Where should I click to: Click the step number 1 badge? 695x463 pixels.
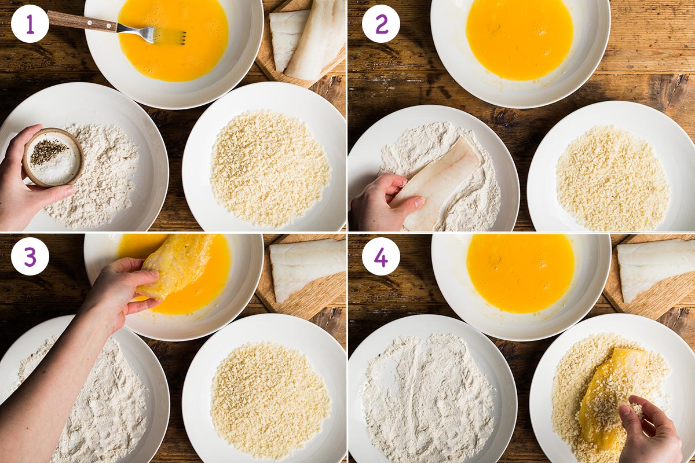coord(30,24)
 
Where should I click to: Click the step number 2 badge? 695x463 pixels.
coord(381,24)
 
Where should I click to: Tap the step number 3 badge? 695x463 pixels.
coord(30,256)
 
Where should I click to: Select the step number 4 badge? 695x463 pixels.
coord(381,256)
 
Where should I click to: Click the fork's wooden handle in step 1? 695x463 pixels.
coord(81,21)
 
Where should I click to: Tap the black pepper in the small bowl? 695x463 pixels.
coord(47,151)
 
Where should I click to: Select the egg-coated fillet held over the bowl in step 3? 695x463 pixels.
coord(177,263)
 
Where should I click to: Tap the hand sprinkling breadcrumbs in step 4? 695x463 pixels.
coord(652,428)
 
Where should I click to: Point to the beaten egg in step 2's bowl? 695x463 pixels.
coord(519,39)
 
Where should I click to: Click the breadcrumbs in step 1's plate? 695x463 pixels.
coord(270,168)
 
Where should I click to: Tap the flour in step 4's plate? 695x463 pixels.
coord(429,399)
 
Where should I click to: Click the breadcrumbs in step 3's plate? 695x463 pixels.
coord(270,399)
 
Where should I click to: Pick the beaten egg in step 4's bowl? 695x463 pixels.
coord(520,272)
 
